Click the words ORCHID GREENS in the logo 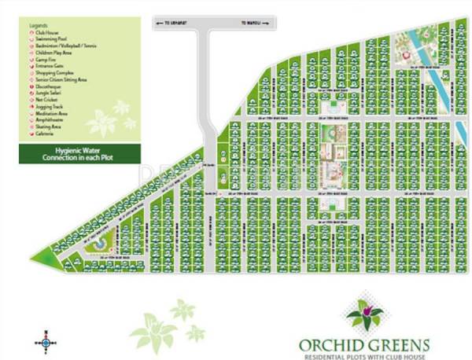[363, 343]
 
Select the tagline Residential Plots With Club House [363, 354]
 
